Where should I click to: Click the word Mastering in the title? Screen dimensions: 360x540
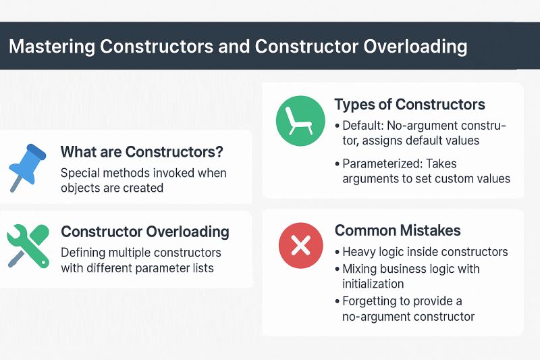click(51, 47)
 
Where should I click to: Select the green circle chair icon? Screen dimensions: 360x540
click(296, 122)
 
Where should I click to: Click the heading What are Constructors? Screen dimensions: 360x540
click(142, 151)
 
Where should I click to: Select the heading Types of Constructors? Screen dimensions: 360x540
click(410, 105)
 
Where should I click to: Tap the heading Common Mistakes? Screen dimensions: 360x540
click(398, 230)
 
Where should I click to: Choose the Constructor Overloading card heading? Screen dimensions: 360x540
click(145, 232)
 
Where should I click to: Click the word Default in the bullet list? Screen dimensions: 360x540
click(363, 126)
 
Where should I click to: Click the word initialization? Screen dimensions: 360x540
click(373, 284)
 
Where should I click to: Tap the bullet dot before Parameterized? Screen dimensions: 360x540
click(337, 164)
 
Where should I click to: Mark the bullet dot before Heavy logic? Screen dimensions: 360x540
click(337, 253)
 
